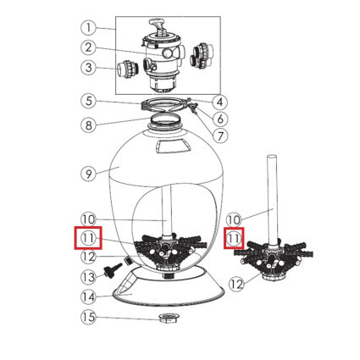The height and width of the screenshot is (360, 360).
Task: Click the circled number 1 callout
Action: [88, 27]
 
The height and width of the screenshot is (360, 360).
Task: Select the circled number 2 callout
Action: [88, 47]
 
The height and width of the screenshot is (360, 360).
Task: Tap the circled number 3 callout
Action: [88, 68]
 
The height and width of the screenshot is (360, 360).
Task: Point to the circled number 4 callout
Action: [219, 102]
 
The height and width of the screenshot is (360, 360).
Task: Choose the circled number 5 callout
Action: [88, 101]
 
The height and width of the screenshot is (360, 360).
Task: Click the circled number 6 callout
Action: [219, 119]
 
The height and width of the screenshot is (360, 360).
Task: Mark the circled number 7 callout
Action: [219, 136]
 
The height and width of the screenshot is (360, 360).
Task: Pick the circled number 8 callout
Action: [88, 125]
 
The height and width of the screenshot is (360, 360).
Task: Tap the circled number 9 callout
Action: [88, 174]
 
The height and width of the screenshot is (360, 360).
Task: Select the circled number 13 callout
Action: [88, 277]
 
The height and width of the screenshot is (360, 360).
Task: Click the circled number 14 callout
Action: [88, 296]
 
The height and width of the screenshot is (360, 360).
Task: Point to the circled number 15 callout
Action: [88, 317]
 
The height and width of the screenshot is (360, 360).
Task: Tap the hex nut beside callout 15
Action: [169, 318]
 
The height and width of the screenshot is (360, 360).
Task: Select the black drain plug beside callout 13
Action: [113, 270]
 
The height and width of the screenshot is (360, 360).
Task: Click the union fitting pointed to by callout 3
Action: [127, 69]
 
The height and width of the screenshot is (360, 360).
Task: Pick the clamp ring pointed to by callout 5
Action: [164, 105]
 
